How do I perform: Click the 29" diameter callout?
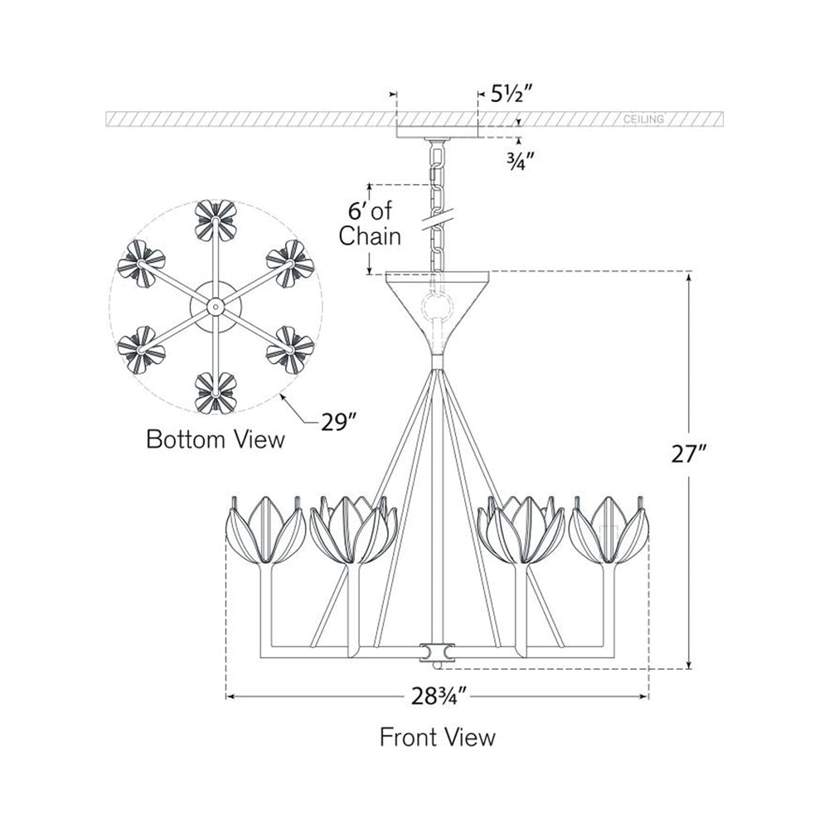coord(339,422)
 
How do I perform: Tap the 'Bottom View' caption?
coord(215,439)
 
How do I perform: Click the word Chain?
coord(370,236)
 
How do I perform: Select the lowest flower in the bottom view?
coord(216,391)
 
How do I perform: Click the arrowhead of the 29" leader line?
coord(284,397)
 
